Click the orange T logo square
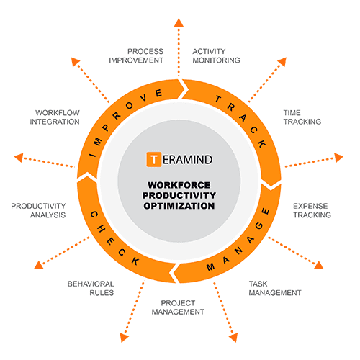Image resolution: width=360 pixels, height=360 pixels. (x=153, y=159)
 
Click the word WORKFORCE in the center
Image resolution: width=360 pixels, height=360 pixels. (x=179, y=185)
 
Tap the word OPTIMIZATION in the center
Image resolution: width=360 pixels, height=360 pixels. (x=179, y=206)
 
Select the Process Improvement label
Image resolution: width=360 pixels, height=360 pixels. (x=136, y=55)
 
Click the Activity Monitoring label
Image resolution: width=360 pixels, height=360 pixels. (x=216, y=55)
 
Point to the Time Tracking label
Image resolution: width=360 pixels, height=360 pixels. (x=302, y=117)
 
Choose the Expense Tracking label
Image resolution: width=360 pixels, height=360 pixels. (x=312, y=210)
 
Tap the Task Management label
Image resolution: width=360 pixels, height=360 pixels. (x=275, y=288)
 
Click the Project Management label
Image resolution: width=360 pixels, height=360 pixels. (x=178, y=307)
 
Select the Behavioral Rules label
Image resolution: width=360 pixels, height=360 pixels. (x=91, y=288)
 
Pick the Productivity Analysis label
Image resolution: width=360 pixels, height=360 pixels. (x=38, y=210)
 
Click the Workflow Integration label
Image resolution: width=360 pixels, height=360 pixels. (x=55, y=117)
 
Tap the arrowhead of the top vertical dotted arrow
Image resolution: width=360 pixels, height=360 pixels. (x=179, y=22)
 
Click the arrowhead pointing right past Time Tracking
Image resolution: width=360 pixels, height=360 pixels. (x=339, y=158)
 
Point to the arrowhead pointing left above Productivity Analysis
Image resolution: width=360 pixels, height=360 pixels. (x=19, y=158)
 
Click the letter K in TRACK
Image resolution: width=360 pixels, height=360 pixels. (x=261, y=143)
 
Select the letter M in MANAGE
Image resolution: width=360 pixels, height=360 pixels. (x=210, y=267)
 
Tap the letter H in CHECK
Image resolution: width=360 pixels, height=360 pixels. (x=102, y=229)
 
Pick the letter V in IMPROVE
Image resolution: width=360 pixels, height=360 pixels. (x=143, y=98)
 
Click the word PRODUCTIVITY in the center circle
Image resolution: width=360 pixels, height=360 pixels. (x=179, y=195)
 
